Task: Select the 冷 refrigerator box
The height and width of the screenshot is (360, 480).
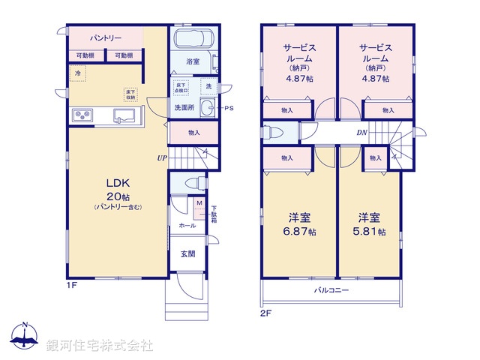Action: [x=78, y=73]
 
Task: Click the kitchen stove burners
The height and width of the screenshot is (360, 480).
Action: [x=82, y=115]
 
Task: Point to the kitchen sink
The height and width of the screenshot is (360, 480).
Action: [x=124, y=115]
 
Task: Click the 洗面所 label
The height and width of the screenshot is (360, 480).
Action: [x=184, y=108]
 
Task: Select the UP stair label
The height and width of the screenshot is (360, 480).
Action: [x=161, y=158]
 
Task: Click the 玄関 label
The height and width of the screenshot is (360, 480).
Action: [x=187, y=253]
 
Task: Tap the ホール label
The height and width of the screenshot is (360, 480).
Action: [x=187, y=225]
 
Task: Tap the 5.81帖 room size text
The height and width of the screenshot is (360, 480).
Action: [x=372, y=232]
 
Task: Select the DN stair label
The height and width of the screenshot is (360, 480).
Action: [x=361, y=133]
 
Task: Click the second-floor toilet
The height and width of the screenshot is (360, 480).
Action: [x=272, y=133]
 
